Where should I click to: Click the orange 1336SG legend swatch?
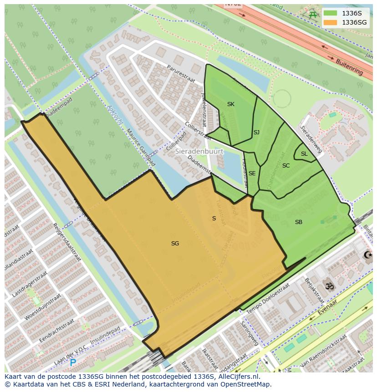tap(331, 22)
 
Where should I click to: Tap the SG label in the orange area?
tap(175, 244)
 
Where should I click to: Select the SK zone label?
tap(231, 104)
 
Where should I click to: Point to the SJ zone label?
tap(256, 132)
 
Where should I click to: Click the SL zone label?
tap(304, 154)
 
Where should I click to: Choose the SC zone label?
tap(286, 166)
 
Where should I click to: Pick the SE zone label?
tap(252, 173)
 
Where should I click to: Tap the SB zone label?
tap(299, 222)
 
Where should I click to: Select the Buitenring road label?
tap(349, 67)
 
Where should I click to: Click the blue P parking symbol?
tap(73, 363)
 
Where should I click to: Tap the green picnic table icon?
tap(313, 15)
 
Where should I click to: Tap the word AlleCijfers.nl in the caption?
tap(238, 377)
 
